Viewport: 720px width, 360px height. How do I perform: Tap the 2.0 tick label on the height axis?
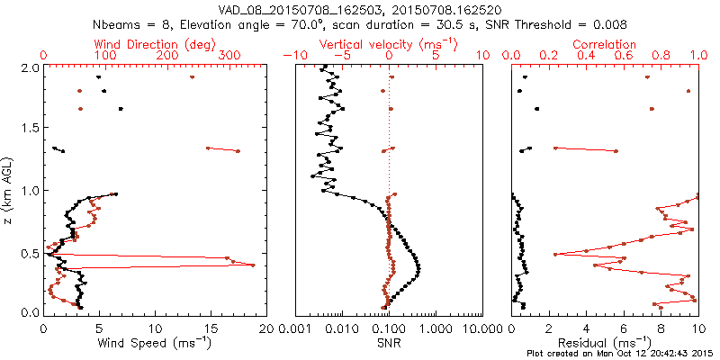click(x=29, y=67)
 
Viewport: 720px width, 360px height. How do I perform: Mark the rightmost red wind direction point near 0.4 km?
click(x=253, y=265)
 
